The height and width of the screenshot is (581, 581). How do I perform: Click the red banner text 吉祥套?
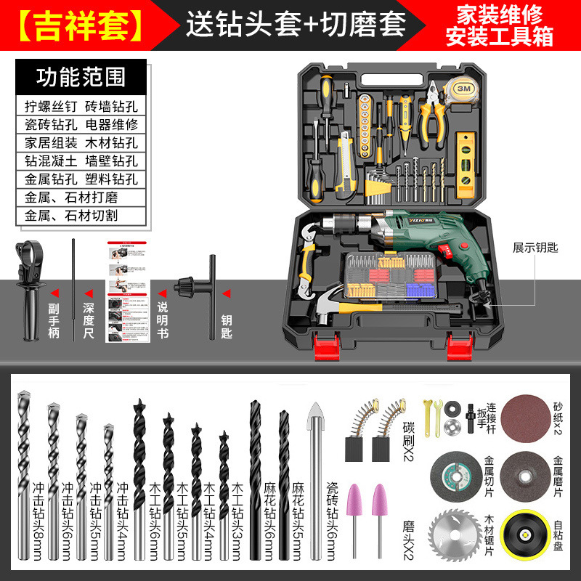click(81, 24)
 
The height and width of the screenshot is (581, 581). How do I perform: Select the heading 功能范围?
click(81, 78)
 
